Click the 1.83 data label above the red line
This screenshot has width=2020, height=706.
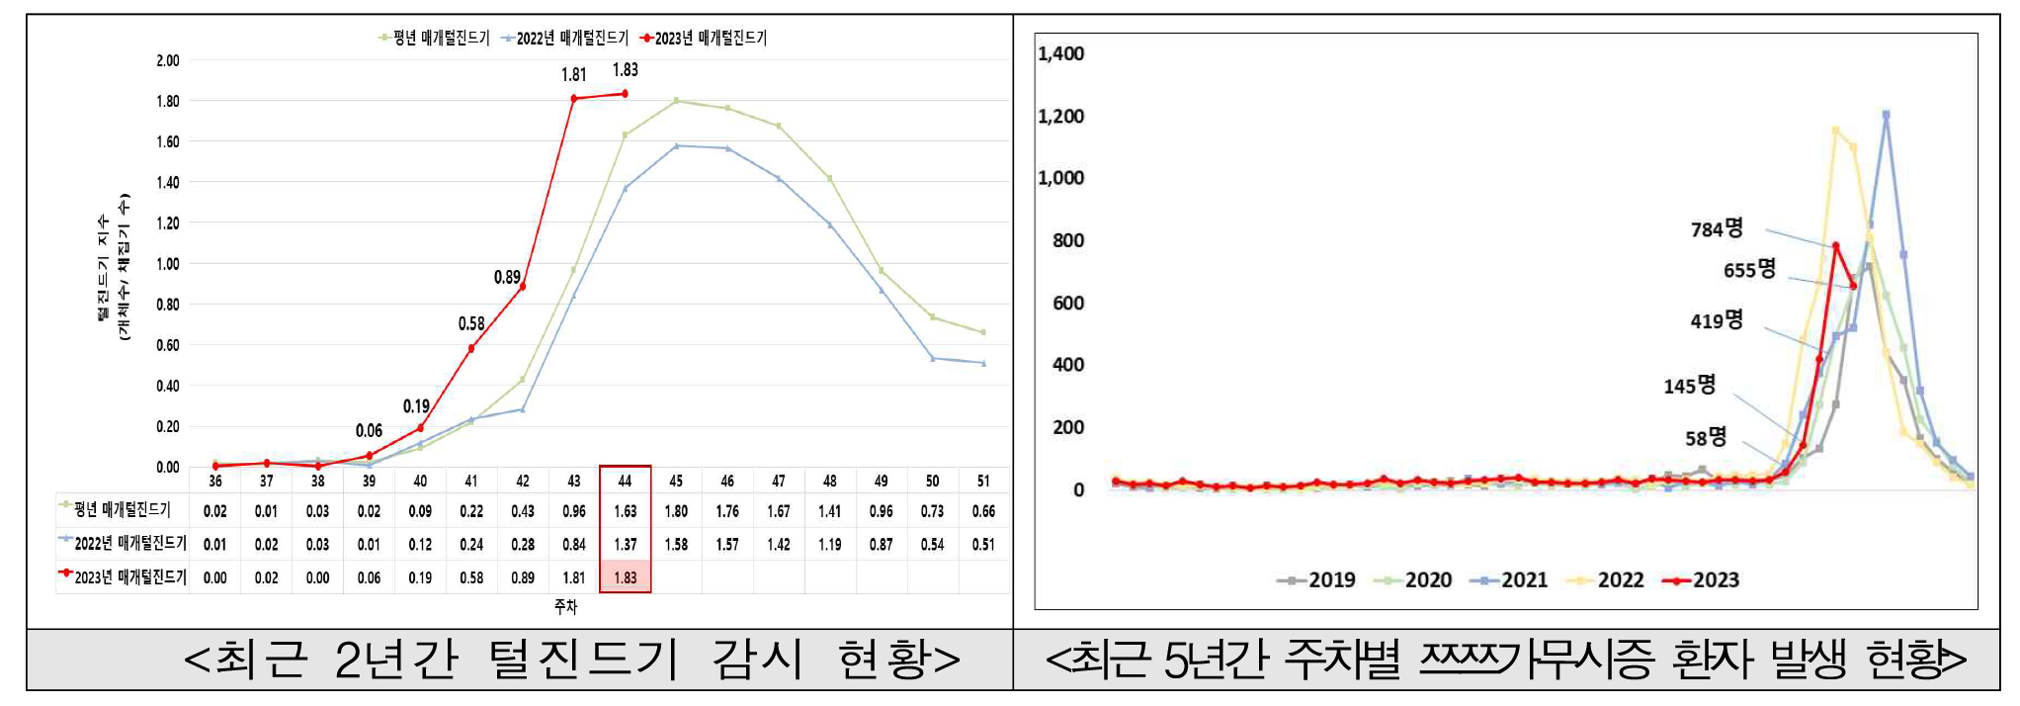coord(626,70)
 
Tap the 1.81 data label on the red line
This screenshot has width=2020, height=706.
coord(574,75)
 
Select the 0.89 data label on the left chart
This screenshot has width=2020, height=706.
coord(507,278)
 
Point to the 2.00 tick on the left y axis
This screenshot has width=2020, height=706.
coord(168,60)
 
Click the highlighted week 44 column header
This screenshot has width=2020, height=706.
coord(625,481)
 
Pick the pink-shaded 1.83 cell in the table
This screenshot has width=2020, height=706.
coord(626,577)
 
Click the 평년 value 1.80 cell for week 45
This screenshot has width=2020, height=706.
coord(676,511)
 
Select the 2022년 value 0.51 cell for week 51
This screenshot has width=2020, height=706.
coord(983,545)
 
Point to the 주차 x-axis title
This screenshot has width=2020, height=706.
coord(565,606)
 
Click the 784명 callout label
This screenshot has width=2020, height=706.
coord(1717,229)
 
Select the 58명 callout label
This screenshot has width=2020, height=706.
coord(1706,438)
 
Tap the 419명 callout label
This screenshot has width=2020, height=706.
coord(1717,320)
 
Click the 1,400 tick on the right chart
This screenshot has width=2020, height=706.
coord(1060,53)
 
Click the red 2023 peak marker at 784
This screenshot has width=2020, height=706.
coord(1835,246)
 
